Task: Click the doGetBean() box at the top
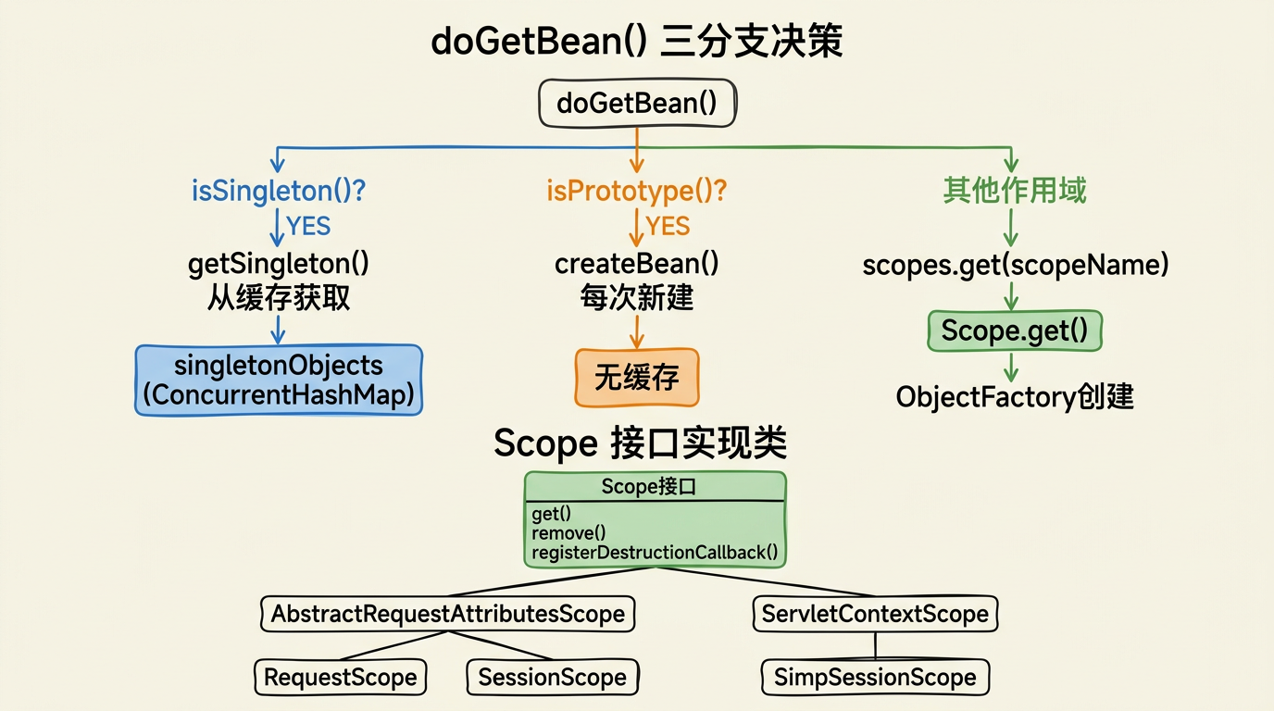point(637,103)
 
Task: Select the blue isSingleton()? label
point(279,191)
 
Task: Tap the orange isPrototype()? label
point(636,191)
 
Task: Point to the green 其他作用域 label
point(1014,191)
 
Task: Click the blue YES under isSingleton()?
point(308,226)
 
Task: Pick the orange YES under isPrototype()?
point(668,226)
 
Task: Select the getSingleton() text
point(279,264)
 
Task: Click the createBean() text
point(636,264)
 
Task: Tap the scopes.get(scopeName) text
point(1015,266)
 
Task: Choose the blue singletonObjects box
point(279,380)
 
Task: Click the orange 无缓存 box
point(636,378)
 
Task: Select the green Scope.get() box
point(1014,331)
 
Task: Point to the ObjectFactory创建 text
point(1014,397)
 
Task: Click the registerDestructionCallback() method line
point(655,554)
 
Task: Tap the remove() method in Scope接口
point(568,533)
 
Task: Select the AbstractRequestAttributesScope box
point(447,613)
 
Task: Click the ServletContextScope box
point(875,613)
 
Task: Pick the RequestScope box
point(340,677)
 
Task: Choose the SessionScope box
point(552,677)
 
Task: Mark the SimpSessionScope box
point(875,677)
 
